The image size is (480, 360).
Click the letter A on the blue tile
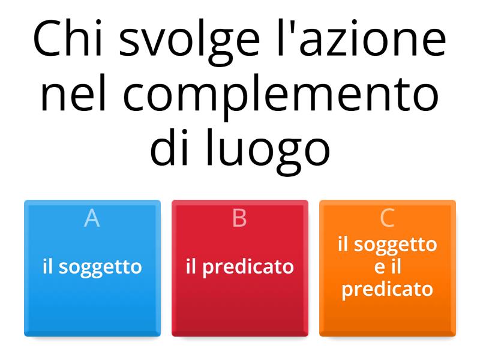pyautogui.click(x=92, y=218)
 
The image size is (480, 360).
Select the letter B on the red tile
pyautogui.click(x=239, y=218)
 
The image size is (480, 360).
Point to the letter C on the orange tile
pyautogui.click(x=388, y=218)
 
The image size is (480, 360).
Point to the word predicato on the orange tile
pyautogui.click(x=388, y=289)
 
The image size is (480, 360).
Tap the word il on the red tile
pyautogui.click(x=191, y=266)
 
